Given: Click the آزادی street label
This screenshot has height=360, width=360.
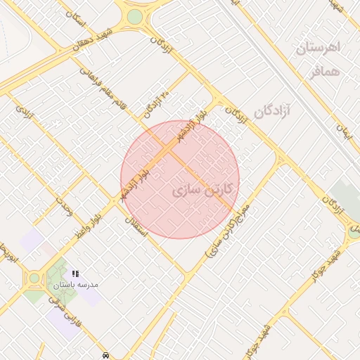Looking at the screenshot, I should pos(24,112).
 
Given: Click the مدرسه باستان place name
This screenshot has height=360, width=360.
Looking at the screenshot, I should pos(75,285).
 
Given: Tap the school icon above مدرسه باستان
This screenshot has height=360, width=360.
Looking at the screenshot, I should pos(75,274).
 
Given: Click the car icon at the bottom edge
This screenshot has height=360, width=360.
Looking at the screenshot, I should pos(105,356).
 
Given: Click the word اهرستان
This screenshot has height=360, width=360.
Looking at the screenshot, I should pos(318,48).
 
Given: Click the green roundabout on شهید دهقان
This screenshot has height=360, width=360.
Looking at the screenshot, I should pos(134,15).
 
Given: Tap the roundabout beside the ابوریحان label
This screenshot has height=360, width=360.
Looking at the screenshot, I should pos(34,278).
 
